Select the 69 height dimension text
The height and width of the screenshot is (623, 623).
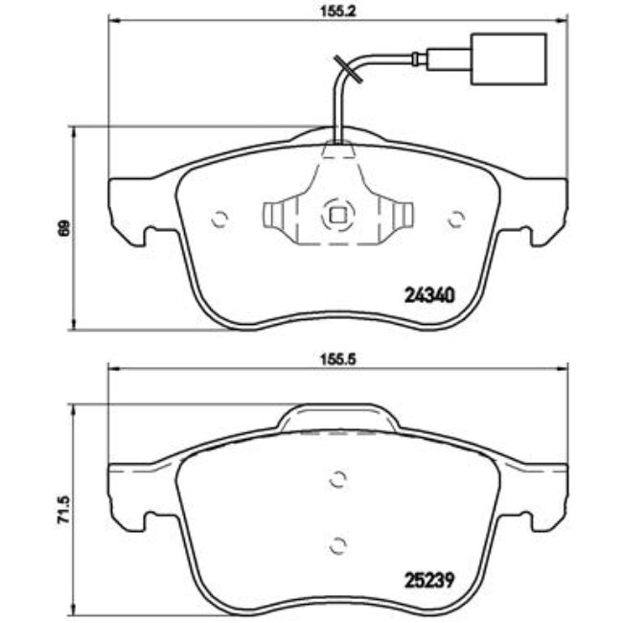pos(63,228)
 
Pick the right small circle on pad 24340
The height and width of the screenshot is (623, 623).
pos(455,219)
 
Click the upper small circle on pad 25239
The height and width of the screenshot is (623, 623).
pos(336,480)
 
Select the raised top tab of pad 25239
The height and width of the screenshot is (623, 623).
pos(336,418)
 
